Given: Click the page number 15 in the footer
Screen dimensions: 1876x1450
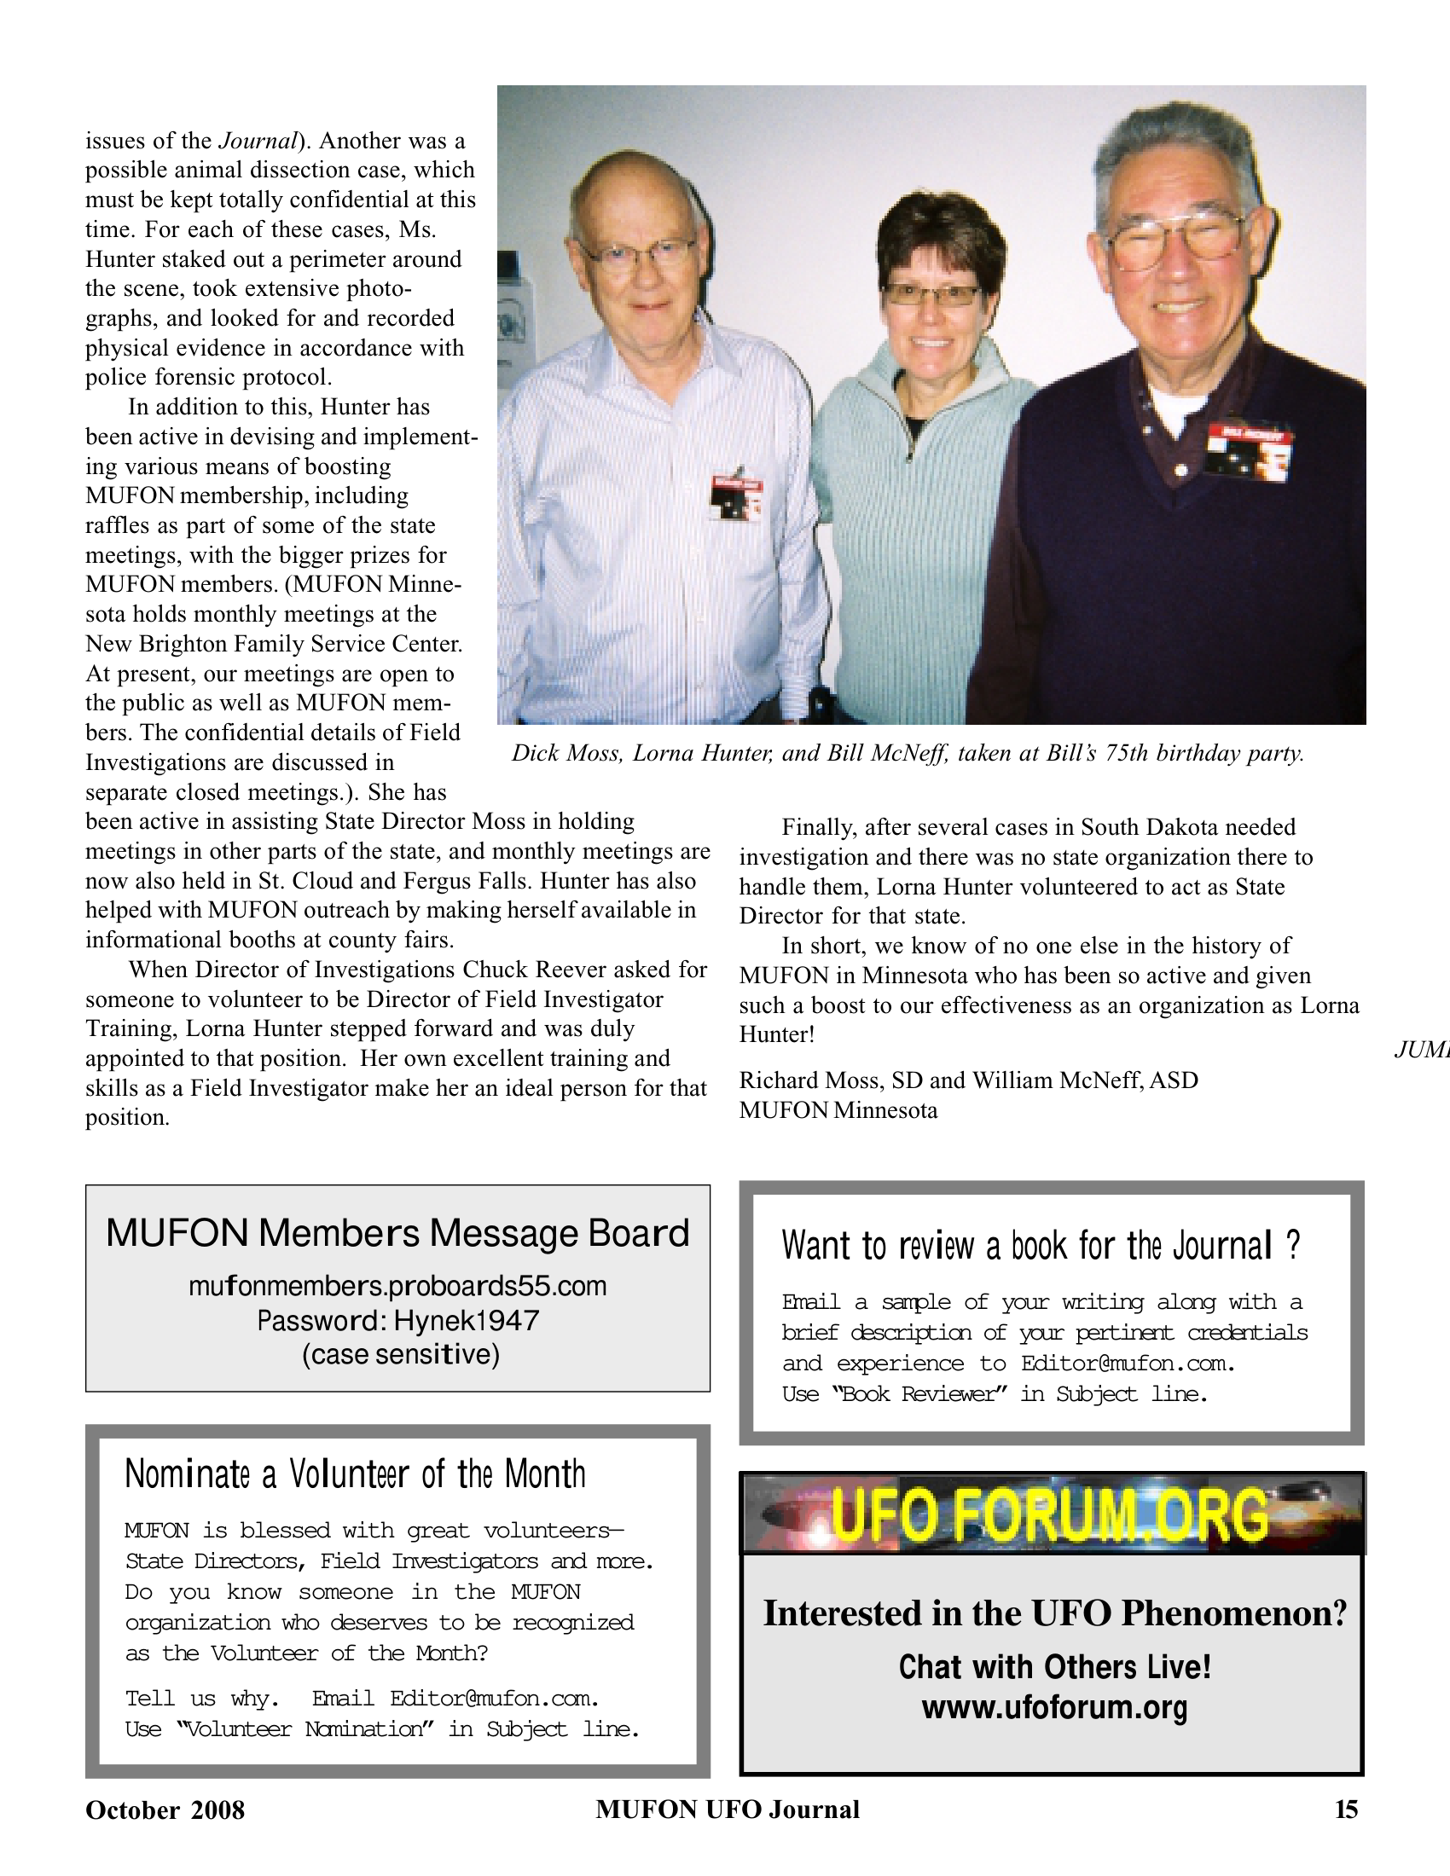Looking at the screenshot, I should (1346, 1809).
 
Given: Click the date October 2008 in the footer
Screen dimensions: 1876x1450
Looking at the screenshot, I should (165, 1809).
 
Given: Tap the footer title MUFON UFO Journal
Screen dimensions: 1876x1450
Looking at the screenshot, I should (728, 1809).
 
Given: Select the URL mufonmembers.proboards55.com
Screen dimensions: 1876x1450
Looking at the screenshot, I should (397, 1286).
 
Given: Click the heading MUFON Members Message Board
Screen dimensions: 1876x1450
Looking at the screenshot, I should (397, 1234).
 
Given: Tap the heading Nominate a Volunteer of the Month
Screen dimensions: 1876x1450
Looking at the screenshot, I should (355, 1474).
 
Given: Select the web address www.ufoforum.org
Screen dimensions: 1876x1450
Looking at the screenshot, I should (1054, 1707).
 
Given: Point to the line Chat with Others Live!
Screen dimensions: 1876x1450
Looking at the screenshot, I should (1054, 1667).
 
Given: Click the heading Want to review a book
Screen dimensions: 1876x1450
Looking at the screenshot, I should (1041, 1246).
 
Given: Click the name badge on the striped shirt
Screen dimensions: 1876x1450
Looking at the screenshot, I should (737, 495).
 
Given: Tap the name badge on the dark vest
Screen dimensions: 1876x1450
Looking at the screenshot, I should (1248, 449).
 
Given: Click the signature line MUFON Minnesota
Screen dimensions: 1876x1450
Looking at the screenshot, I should (838, 1110).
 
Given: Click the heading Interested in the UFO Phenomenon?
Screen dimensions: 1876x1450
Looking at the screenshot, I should (1054, 1614).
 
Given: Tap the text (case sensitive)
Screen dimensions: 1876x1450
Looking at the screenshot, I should (400, 1355).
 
